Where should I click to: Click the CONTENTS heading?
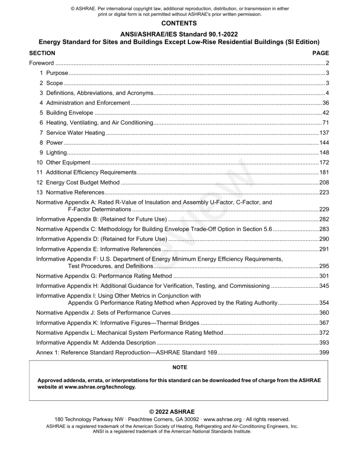(x=180, y=23)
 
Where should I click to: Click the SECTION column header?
(x=42, y=53)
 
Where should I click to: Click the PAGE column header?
(x=321, y=53)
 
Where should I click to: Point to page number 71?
(x=325, y=123)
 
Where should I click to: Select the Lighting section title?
(x=56, y=152)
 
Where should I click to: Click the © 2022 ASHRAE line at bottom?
(x=180, y=411)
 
